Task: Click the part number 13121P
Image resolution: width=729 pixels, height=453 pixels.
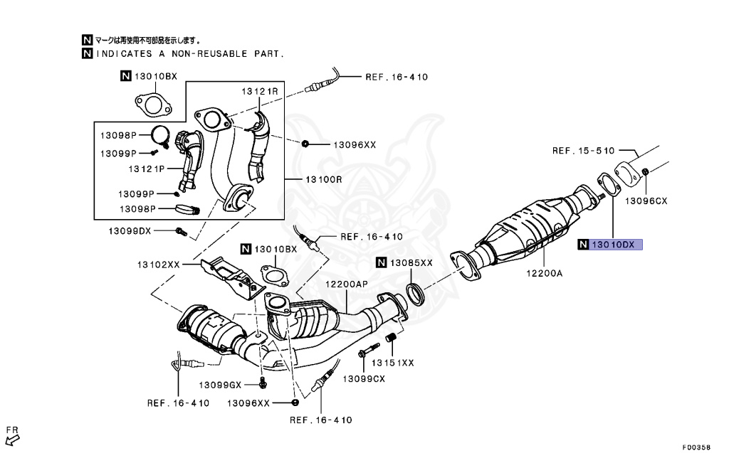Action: point(147,169)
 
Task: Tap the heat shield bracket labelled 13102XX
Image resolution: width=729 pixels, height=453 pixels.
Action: point(227,277)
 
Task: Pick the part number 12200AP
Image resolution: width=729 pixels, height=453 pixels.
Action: point(347,284)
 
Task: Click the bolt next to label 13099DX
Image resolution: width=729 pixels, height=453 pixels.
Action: point(180,231)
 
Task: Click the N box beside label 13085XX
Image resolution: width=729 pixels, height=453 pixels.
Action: point(382,263)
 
